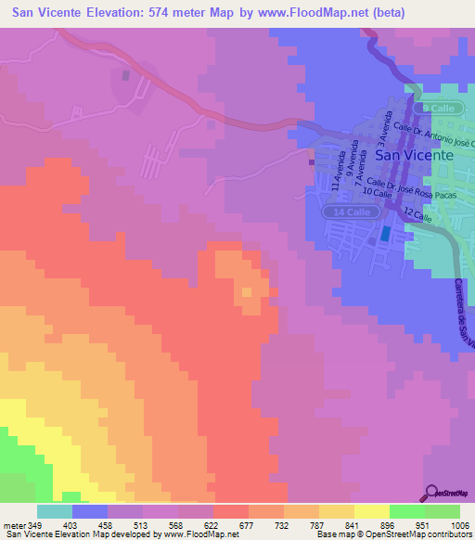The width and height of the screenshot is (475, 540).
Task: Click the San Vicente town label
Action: pos(417,156)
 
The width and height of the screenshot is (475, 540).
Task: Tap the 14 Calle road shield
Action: pos(352,212)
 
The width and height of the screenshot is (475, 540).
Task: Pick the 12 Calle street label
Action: pos(418,216)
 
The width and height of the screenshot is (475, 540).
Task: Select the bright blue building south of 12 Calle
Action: pos(385,235)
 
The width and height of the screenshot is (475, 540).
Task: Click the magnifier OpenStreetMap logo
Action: pos(448,493)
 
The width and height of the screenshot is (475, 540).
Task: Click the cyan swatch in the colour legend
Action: pos(55,511)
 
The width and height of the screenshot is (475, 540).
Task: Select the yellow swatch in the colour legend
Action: pos(371,511)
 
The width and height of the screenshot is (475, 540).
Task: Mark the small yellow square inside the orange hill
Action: pos(247,293)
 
